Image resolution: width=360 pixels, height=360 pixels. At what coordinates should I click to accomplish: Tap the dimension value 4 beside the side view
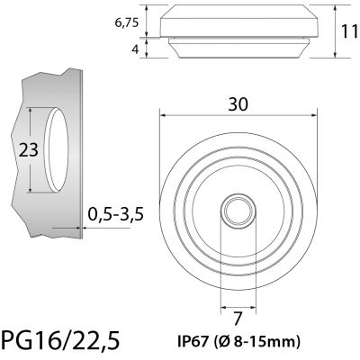pos(137,49)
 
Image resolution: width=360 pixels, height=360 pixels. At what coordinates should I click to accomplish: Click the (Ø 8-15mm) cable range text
pos(259,341)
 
